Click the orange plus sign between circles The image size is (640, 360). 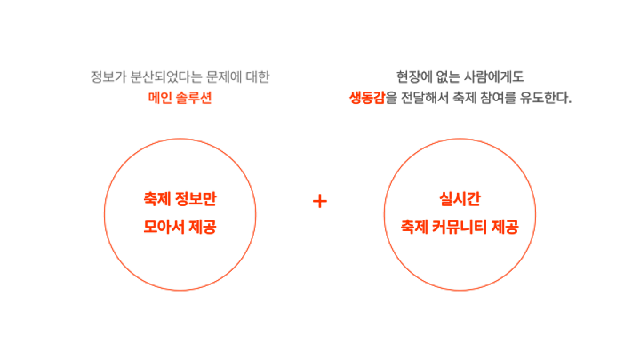[x=320, y=202]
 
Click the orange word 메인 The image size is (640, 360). [x=159, y=97]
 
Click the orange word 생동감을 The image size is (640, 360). [x=372, y=97]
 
